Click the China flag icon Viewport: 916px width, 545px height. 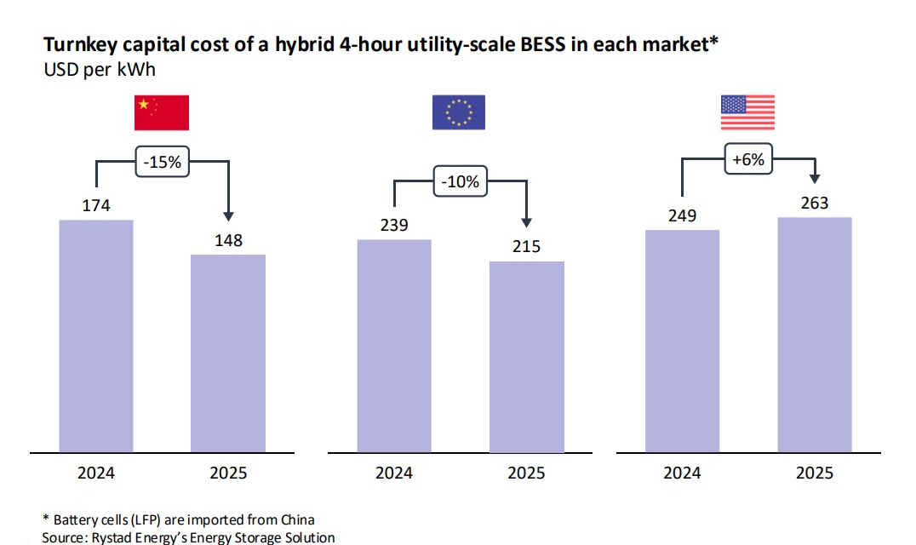pos(162,113)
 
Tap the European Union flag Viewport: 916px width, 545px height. pos(458,113)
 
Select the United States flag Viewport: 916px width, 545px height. pos(747,113)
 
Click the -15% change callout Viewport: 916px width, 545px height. pos(162,162)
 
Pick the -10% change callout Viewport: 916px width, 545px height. pos(460,181)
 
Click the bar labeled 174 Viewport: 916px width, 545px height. pos(96,336)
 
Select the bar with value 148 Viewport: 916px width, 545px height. pos(227,353)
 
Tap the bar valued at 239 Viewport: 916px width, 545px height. pos(394,345)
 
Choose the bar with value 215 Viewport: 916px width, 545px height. pos(526,356)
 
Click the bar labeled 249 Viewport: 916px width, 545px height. pos(682,341)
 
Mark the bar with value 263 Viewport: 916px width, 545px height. pos(814,334)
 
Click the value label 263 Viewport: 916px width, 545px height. pos(814,204)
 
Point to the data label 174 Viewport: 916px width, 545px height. pos(96,206)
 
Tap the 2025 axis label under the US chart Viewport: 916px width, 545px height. pos(814,473)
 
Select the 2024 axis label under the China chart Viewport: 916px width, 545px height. pos(96,473)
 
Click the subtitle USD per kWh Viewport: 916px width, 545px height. pos(100,69)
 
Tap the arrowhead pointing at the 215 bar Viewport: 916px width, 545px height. pos(526,223)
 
